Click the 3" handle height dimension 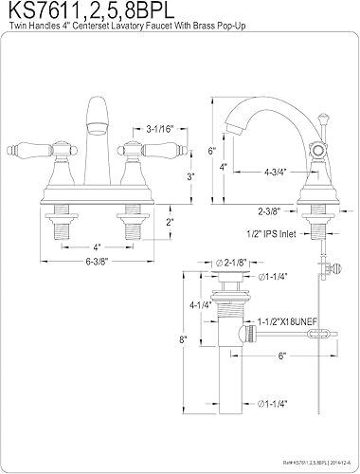tap(163, 177)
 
